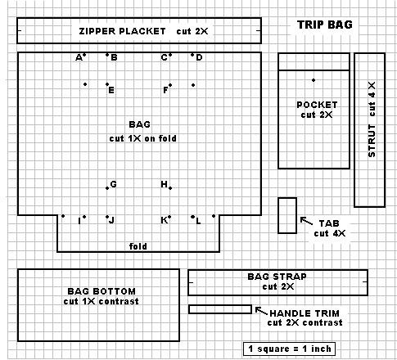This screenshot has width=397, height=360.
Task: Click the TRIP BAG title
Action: pos(325,25)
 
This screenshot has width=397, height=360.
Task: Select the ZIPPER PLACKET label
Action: pos(122,31)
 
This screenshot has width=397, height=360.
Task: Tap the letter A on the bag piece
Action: pos(79,58)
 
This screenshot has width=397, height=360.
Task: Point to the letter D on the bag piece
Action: pos(199,57)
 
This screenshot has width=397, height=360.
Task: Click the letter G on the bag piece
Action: pos(113,184)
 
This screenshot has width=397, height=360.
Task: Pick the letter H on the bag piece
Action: pos(164,184)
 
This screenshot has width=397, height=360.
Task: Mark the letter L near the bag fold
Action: pos(198,221)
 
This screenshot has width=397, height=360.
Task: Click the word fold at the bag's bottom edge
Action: pos(138,246)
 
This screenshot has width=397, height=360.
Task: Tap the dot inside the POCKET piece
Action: pos(314,80)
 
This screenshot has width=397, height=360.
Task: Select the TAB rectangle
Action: pos(287,216)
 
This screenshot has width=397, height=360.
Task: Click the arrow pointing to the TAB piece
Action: pos(306,221)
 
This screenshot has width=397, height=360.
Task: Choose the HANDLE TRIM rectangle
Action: pos(220,309)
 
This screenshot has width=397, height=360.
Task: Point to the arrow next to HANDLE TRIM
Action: pos(261,311)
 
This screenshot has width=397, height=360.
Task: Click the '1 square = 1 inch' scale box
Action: pos(289,349)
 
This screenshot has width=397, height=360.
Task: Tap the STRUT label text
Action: pos(372,141)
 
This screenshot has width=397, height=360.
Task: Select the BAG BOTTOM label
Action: pos(102,291)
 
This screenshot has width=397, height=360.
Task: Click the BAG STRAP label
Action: pos(277,277)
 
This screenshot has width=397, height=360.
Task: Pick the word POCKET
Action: pos(317,105)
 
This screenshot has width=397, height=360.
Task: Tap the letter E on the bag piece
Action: pos(111,90)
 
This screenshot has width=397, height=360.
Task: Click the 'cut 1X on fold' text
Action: pos(142,138)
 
